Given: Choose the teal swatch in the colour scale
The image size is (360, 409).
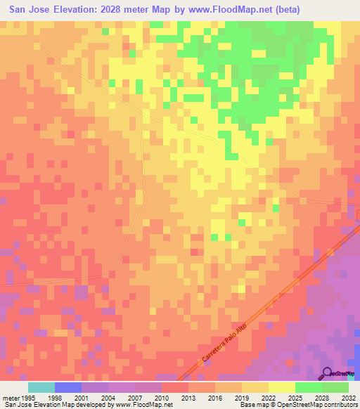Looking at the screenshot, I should (x=41, y=387).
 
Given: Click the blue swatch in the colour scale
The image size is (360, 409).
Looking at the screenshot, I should (x=68, y=387).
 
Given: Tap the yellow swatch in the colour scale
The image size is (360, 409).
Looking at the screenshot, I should (x=282, y=387).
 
